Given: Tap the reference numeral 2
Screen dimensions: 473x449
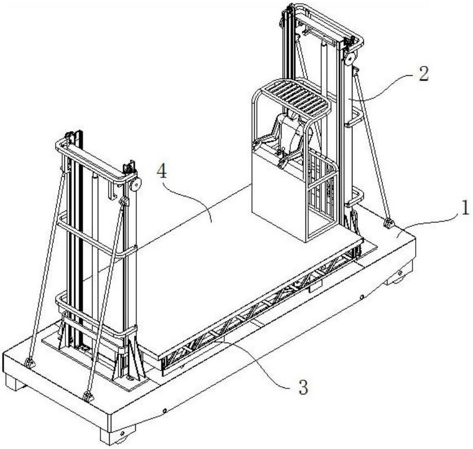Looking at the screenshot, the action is [423, 73].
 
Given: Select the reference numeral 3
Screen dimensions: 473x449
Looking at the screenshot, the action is [303, 387].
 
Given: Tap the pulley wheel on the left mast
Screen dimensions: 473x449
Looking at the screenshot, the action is [135, 184].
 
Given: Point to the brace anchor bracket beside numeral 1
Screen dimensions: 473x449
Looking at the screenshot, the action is [388, 224].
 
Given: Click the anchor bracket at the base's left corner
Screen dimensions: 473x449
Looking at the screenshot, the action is [29, 363].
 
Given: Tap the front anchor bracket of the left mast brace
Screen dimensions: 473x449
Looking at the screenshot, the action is [87, 396].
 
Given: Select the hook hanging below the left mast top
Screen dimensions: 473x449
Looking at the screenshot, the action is [113, 191].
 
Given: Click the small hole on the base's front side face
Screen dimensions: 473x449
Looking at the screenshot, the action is [164, 410].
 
